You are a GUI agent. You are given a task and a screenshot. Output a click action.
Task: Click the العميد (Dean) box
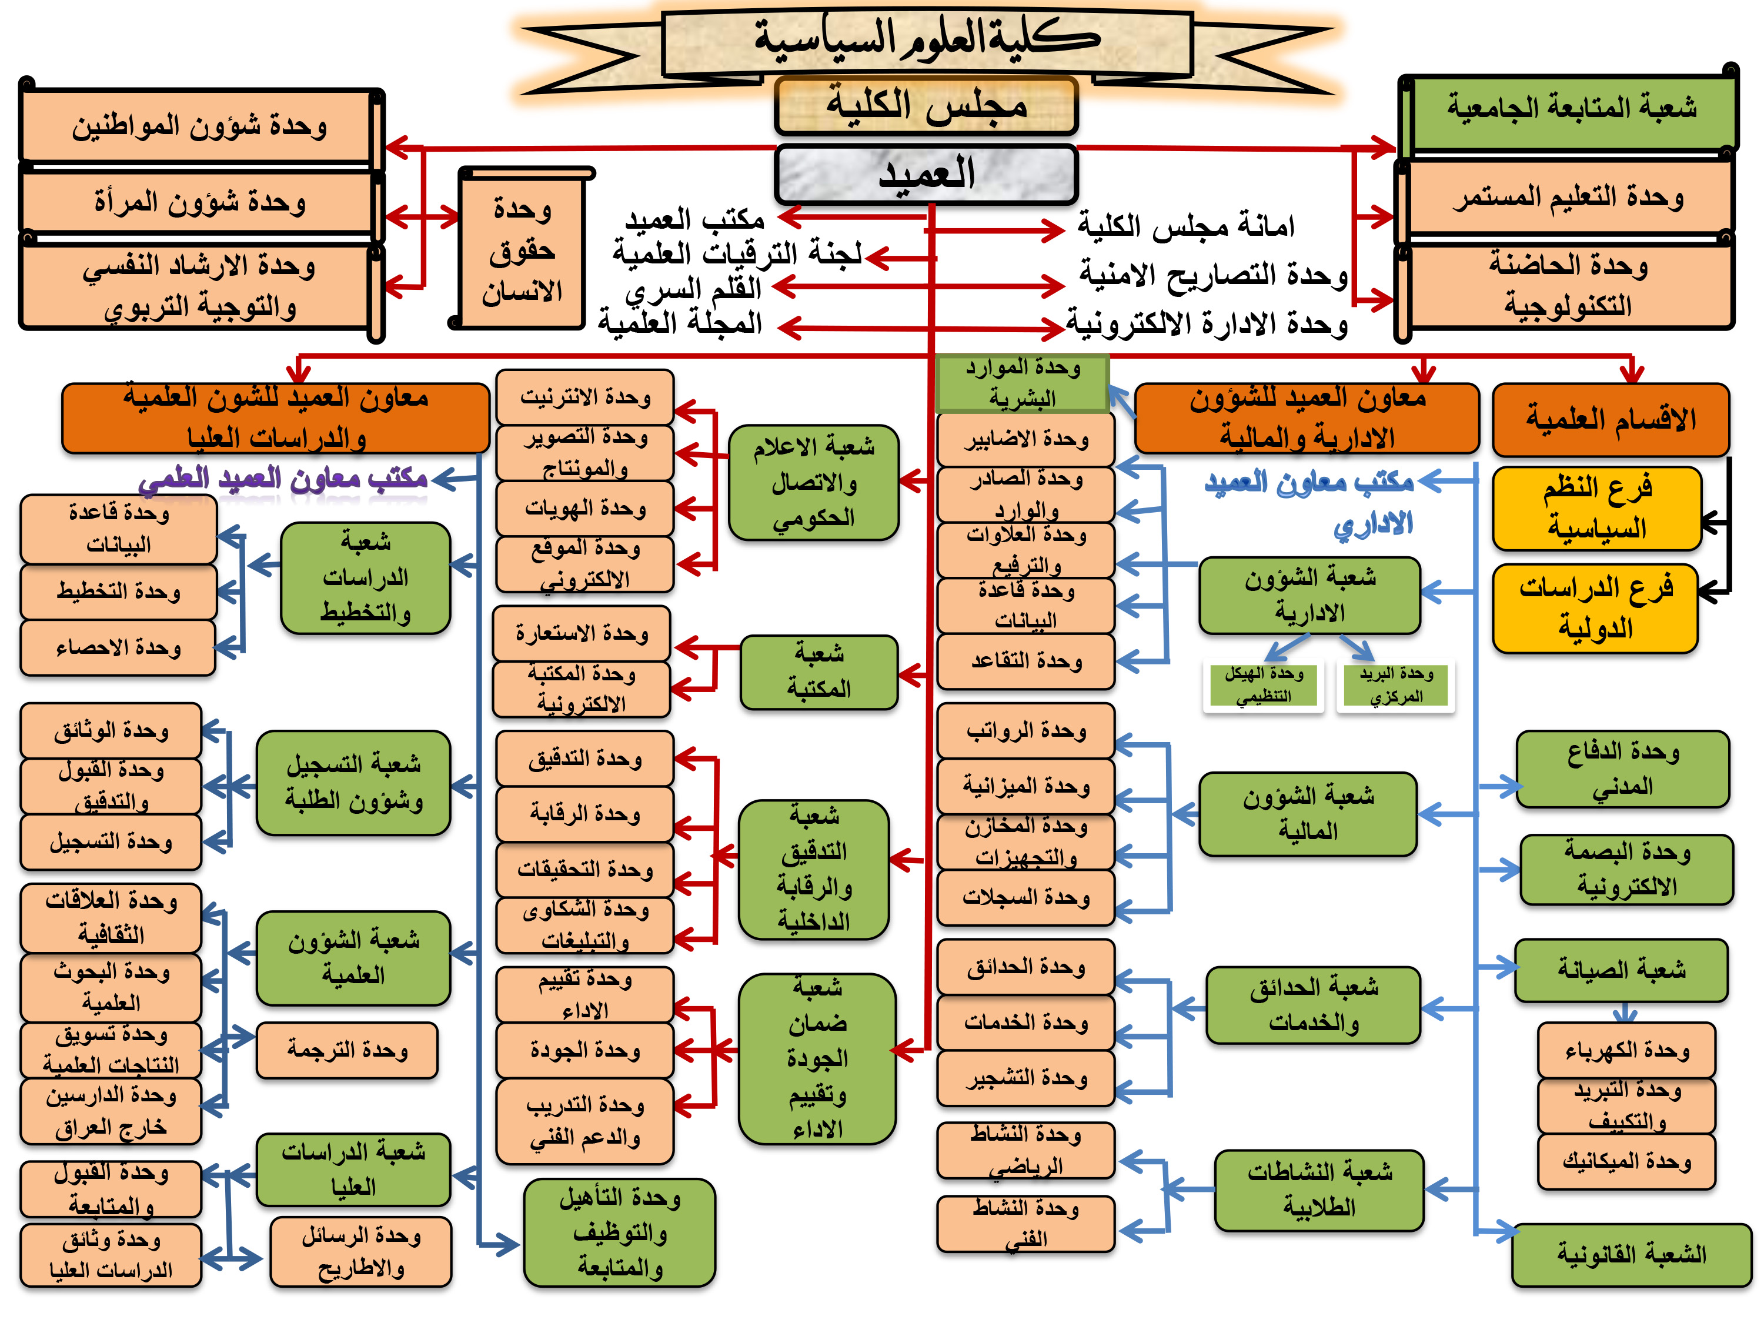click(926, 174)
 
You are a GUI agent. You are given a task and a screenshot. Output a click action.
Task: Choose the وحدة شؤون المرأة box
click(199, 202)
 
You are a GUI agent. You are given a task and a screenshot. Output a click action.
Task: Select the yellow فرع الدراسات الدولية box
click(1595, 609)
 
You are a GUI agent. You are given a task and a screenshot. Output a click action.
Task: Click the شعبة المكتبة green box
click(819, 671)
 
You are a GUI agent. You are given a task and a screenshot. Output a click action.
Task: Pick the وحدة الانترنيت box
click(584, 397)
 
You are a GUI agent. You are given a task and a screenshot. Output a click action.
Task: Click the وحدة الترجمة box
click(347, 1050)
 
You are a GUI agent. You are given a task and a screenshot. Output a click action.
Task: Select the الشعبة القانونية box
click(1631, 1254)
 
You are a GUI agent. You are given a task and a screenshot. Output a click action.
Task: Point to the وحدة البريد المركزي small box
click(1395, 686)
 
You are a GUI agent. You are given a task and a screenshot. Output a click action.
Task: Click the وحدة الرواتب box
click(1025, 730)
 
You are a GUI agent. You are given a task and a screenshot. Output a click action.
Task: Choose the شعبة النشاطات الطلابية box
click(1319, 1190)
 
